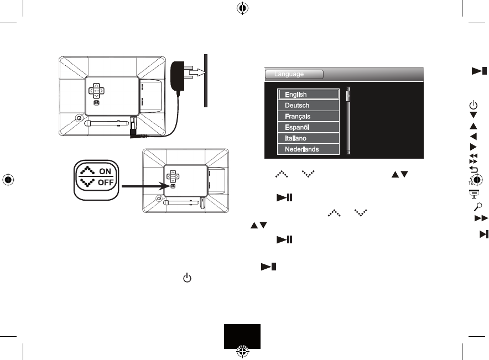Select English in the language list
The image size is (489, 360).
(x=308, y=95)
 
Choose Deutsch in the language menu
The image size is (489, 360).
(x=308, y=105)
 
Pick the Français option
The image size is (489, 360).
(x=308, y=116)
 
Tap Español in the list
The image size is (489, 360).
(x=308, y=127)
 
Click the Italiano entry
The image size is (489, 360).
(x=308, y=138)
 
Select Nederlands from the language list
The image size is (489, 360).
(x=308, y=149)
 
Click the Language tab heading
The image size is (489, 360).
(x=294, y=74)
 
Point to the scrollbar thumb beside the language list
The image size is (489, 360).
(x=348, y=96)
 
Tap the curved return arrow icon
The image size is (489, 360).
(x=474, y=170)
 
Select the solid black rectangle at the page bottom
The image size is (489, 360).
(x=242, y=336)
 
